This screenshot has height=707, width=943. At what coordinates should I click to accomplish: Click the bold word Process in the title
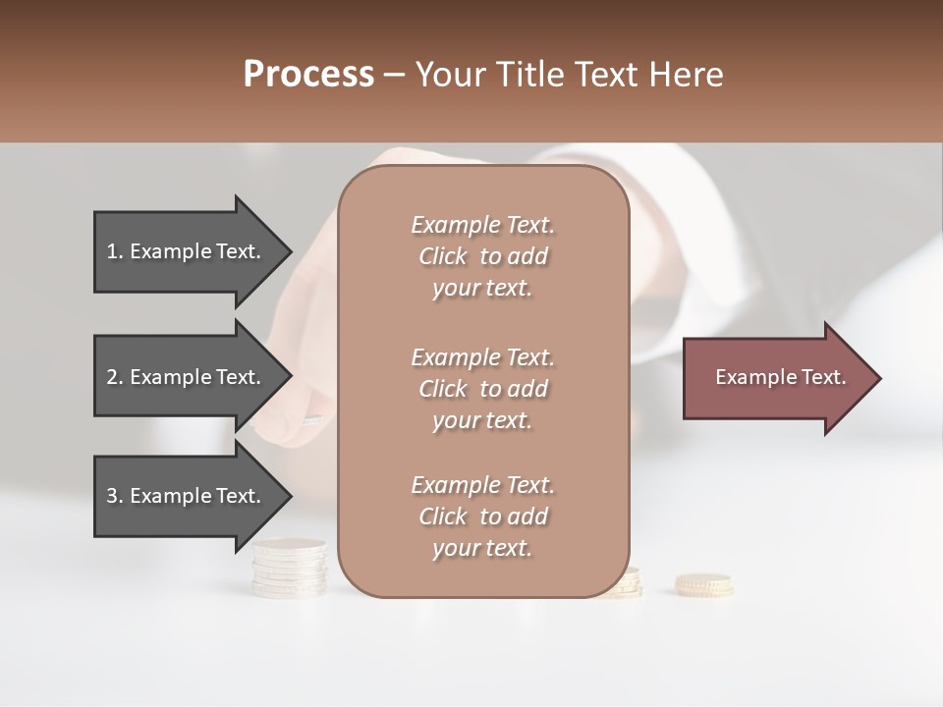[308, 75]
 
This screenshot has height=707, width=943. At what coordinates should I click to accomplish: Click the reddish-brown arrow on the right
[776, 377]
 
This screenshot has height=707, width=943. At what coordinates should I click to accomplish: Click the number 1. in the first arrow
[115, 251]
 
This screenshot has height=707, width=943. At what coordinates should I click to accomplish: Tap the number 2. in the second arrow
[115, 377]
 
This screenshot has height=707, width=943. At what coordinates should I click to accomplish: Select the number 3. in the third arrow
[115, 496]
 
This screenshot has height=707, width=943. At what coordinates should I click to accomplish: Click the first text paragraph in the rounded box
[482, 256]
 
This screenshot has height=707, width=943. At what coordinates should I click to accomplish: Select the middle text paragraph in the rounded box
[482, 389]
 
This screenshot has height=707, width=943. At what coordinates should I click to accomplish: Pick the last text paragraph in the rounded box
[482, 517]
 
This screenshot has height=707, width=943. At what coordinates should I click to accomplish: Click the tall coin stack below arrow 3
[289, 570]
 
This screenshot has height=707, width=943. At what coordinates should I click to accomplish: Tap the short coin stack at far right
[703, 584]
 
